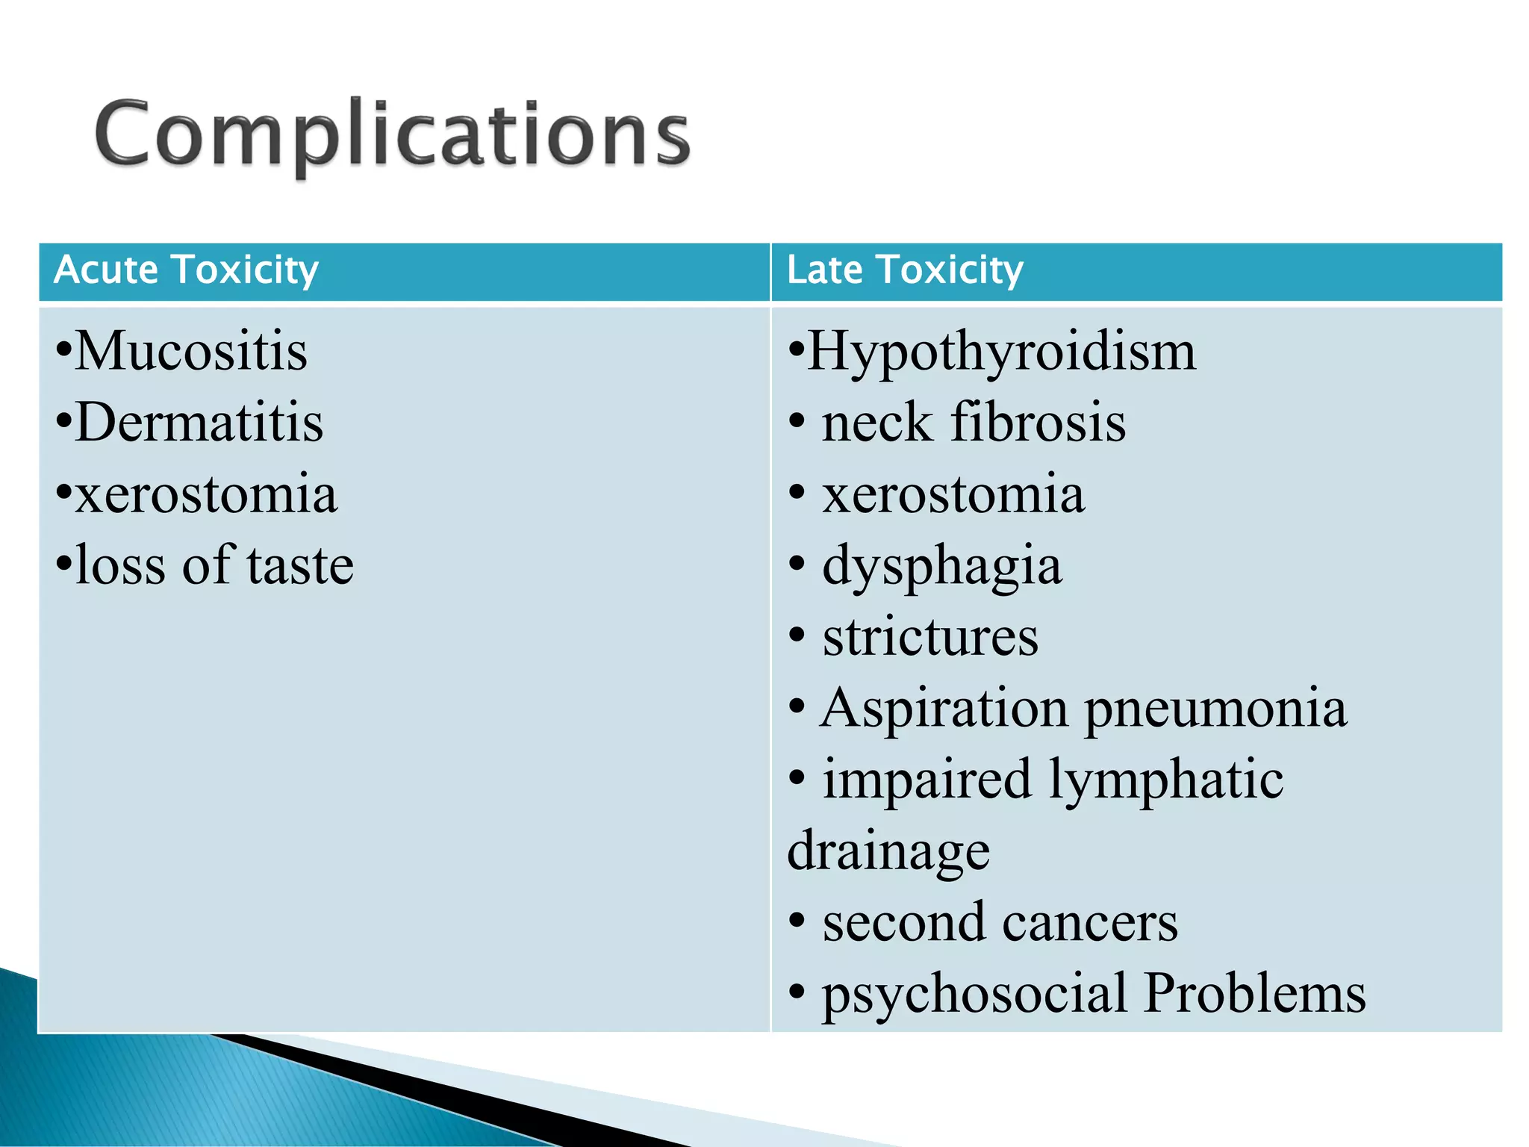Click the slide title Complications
click(x=393, y=134)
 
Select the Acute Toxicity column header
click(x=187, y=270)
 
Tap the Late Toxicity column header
click(x=905, y=270)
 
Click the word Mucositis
click(x=191, y=350)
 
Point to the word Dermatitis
click(x=199, y=423)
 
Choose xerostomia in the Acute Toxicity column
click(x=206, y=494)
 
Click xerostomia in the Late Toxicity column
click(x=953, y=494)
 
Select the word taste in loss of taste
click(x=300, y=565)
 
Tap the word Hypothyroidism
click(x=1002, y=352)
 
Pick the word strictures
click(x=930, y=637)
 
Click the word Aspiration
click(x=944, y=709)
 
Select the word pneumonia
click(x=1216, y=709)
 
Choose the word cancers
click(x=1090, y=922)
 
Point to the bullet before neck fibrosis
click(x=797, y=423)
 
